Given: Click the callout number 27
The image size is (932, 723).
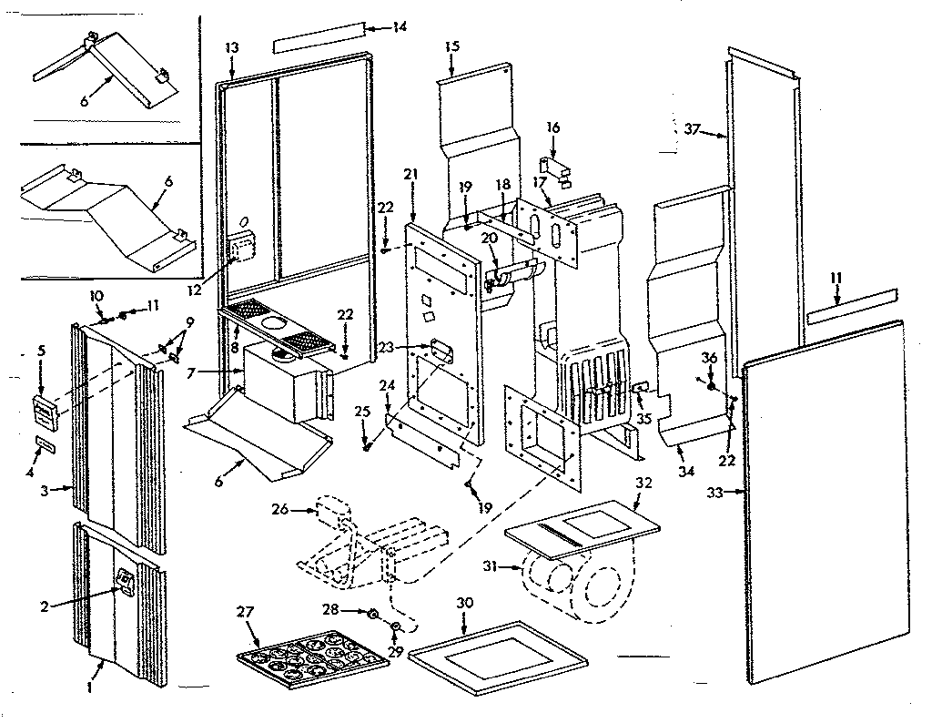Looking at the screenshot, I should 244,612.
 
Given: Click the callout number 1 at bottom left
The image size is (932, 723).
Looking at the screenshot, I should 88,687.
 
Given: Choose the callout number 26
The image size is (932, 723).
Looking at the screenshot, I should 279,510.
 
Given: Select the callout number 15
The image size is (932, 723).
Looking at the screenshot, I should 452,46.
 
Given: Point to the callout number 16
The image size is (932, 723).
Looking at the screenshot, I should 552,128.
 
